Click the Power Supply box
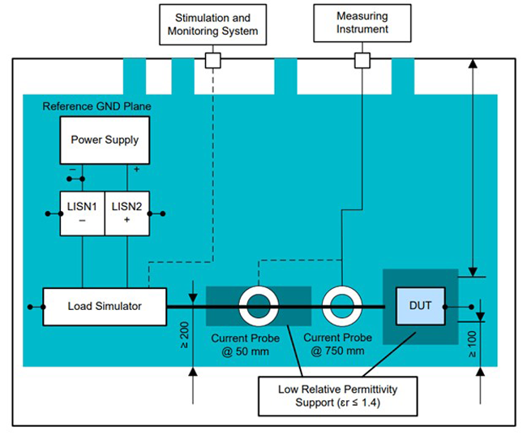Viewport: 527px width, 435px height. click(105, 140)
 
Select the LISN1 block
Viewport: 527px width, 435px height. click(83, 213)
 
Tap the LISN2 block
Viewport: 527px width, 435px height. click(126, 213)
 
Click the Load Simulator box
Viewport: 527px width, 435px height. click(105, 306)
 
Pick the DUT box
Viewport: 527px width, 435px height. click(420, 306)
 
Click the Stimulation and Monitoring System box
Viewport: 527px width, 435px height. click(212, 24)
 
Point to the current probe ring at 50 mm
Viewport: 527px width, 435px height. click(259, 307)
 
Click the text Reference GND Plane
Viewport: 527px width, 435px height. click(96, 106)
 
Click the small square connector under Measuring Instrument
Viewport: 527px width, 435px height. click(362, 60)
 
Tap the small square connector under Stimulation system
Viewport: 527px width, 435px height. click(212, 60)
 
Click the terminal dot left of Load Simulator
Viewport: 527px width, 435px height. click(31, 307)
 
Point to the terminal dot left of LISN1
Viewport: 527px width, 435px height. click(47, 214)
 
